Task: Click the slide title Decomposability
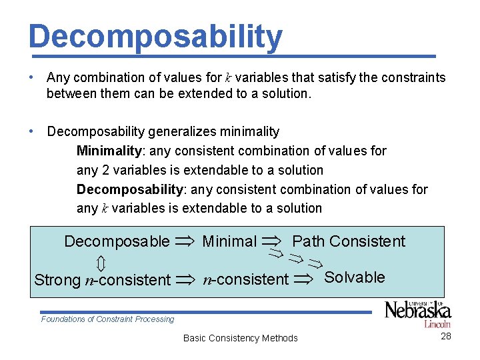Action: [x=155, y=37]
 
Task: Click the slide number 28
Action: [x=446, y=336]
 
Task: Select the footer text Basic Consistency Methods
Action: [x=240, y=338]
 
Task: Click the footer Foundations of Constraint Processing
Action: [x=107, y=319]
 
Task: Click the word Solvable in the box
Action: [x=354, y=277]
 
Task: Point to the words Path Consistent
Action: [x=349, y=241]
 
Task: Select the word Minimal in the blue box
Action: [x=229, y=241]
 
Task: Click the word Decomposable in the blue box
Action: [x=117, y=241]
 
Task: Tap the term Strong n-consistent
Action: [x=102, y=280]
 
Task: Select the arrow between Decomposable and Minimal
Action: [x=186, y=242]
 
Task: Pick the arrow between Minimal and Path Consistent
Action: [x=273, y=241]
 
